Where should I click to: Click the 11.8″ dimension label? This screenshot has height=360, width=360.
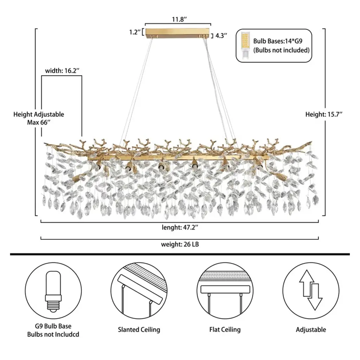(x=178, y=20)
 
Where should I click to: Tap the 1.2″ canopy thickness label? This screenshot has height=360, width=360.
(x=134, y=32)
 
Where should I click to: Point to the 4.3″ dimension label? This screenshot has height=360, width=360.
(x=221, y=35)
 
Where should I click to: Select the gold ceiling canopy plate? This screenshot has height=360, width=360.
(x=178, y=33)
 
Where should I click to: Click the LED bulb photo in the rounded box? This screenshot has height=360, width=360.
(x=245, y=46)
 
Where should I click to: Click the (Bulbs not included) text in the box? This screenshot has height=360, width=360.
(x=281, y=50)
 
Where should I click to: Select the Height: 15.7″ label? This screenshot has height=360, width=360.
(x=323, y=114)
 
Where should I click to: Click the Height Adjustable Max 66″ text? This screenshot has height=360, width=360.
(x=39, y=118)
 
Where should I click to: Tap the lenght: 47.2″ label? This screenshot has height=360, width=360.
(x=180, y=227)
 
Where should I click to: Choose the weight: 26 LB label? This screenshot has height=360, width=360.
(x=180, y=244)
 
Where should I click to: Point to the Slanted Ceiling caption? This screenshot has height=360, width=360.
(x=139, y=330)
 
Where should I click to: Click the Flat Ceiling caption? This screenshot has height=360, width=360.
(x=225, y=330)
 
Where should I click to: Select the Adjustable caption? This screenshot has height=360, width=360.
(x=311, y=330)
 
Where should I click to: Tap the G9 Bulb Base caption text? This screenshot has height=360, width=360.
(x=53, y=326)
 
